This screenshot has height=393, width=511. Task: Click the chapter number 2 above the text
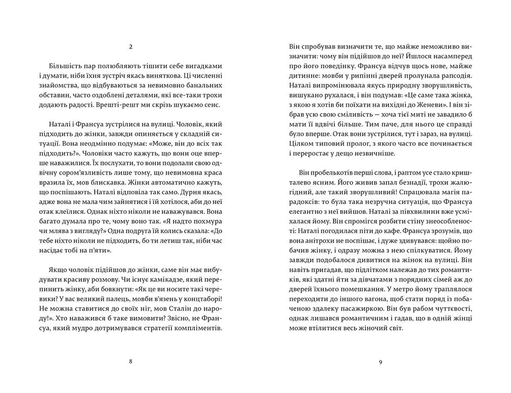coord(130,47)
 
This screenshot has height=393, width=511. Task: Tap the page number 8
coord(130,362)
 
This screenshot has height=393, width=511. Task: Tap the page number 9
coord(380,362)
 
